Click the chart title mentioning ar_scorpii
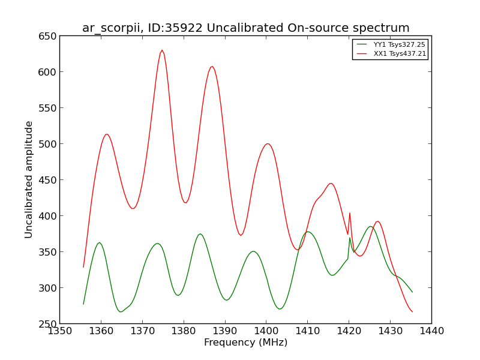point(246,28)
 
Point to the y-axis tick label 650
point(47,36)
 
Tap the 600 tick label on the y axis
point(47,72)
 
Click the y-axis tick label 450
point(47,180)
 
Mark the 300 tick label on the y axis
point(47,288)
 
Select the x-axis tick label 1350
point(59,331)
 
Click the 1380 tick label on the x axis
point(184,331)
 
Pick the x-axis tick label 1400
point(266,331)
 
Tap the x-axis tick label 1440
point(431,331)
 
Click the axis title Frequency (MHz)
point(246,342)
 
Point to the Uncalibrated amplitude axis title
point(28,179)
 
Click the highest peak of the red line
point(162,50)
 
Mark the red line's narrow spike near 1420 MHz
point(350,213)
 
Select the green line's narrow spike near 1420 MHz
point(350,238)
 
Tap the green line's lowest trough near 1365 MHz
point(121,311)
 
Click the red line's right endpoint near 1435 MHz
point(412,311)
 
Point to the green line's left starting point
point(83,304)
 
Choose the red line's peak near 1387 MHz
point(212,67)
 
